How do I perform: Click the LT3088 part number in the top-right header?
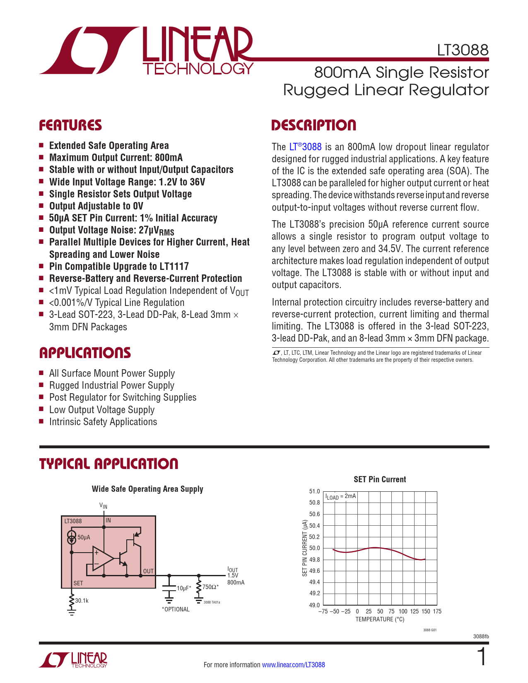click(x=463, y=50)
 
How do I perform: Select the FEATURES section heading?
click(x=70, y=125)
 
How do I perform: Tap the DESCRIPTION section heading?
click(x=313, y=125)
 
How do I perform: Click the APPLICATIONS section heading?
click(x=85, y=353)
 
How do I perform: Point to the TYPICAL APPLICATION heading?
click(x=108, y=464)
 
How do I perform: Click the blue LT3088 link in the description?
click(x=305, y=147)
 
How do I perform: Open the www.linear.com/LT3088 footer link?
click(x=294, y=665)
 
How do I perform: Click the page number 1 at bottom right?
click(x=482, y=657)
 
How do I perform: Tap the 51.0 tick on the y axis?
click(x=315, y=491)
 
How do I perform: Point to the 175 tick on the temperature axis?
click(x=437, y=611)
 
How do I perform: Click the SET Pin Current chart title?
click(x=380, y=479)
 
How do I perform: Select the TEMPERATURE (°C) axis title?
click(x=380, y=619)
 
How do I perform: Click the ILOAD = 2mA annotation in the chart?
click(x=340, y=496)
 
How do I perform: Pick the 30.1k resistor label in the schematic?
click(x=82, y=601)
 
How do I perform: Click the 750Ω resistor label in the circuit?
click(x=210, y=587)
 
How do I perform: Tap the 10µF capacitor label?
click(x=183, y=588)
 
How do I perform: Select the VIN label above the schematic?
click(x=103, y=506)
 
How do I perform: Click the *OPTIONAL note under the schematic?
click(x=176, y=609)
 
